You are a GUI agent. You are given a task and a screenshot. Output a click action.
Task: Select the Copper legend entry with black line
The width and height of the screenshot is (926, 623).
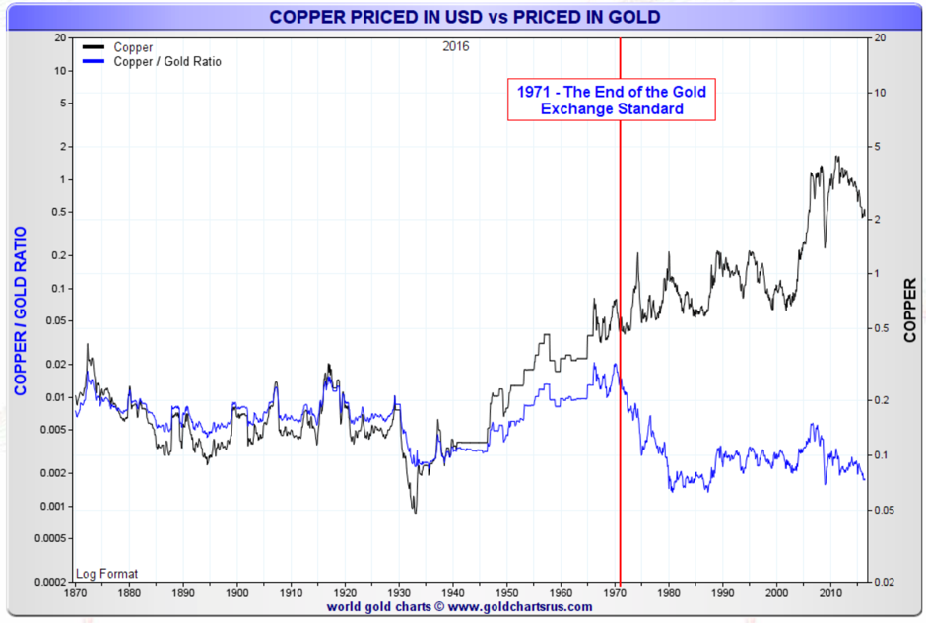pos(133,47)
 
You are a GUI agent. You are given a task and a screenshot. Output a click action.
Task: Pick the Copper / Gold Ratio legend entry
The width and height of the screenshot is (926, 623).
pos(166,62)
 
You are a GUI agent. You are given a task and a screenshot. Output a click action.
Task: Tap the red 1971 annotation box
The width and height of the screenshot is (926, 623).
pos(611,100)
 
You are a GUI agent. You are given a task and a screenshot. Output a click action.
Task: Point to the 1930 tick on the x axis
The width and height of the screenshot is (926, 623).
pos(399,592)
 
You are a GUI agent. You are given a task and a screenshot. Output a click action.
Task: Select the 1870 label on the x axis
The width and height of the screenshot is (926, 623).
pos(75,592)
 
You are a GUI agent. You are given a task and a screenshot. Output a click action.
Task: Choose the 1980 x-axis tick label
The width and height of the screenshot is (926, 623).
pos(670,592)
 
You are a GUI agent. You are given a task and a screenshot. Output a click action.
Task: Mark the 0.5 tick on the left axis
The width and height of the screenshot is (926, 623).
pos(60,212)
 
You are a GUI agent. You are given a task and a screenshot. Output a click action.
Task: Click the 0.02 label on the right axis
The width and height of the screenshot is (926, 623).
pos(883,582)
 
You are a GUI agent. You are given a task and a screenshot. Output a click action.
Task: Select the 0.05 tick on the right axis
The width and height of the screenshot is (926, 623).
pos(883,510)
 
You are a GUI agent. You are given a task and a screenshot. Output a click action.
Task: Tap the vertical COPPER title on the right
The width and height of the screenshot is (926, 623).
pos(909,310)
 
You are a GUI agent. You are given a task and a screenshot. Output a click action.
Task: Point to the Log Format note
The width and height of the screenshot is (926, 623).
pos(107,574)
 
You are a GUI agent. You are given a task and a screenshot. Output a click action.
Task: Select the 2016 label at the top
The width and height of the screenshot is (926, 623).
pos(456,46)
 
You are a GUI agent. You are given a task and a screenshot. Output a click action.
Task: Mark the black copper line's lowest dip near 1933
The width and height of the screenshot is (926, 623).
pos(415,512)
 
